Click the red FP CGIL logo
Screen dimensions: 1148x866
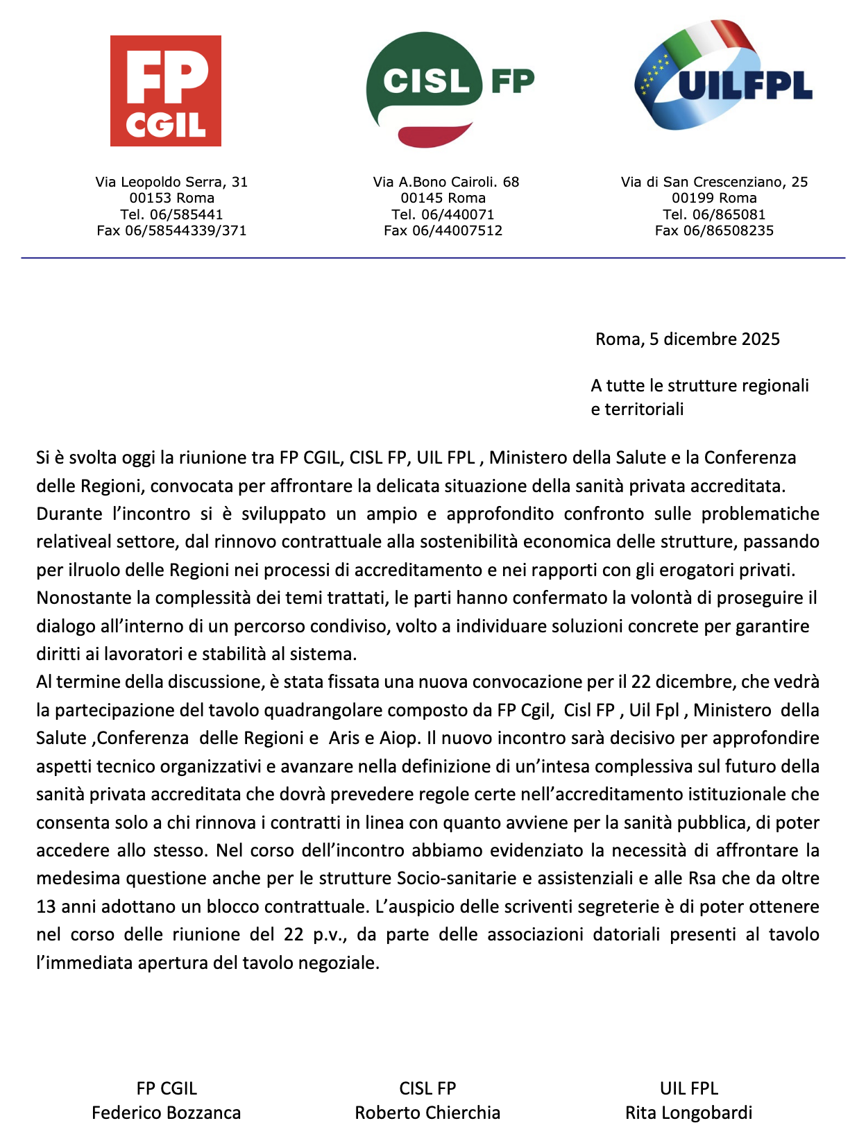[x=166, y=91]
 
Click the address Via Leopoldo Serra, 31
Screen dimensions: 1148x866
[x=171, y=182]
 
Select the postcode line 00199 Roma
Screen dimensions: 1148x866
[x=714, y=198]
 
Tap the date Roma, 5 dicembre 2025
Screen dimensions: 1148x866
[x=688, y=339]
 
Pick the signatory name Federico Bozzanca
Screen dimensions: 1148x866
[x=167, y=1113]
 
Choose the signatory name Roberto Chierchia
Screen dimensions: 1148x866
[x=427, y=1113]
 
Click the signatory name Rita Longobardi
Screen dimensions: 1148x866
[x=688, y=1113]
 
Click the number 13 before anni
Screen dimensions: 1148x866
[x=46, y=906]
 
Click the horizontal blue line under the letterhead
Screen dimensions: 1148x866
[x=433, y=258]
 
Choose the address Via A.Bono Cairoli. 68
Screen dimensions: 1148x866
[x=446, y=182]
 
